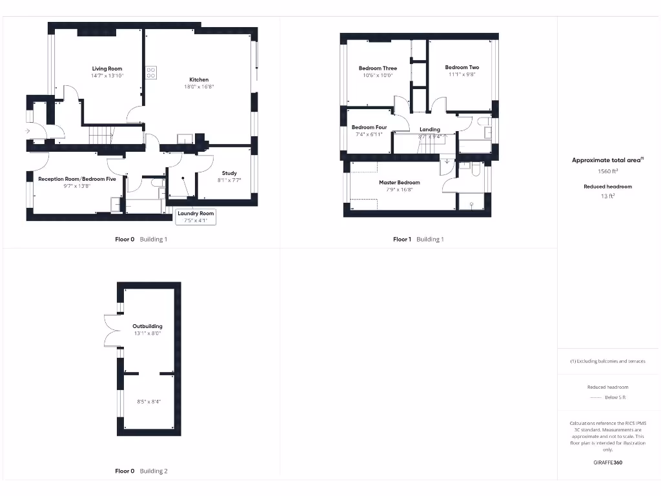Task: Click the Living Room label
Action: (107, 68)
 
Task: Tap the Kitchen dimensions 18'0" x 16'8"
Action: (199, 87)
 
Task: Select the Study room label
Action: (229, 173)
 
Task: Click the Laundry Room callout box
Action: (196, 216)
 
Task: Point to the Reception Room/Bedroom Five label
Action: (77, 179)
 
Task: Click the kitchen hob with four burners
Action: (151, 72)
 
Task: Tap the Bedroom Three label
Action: (378, 68)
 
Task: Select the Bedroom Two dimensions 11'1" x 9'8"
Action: (462, 74)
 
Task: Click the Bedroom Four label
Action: (369, 127)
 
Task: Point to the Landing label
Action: (429, 129)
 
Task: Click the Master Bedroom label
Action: (399, 182)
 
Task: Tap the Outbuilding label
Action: (147, 326)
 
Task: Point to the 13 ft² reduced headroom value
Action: (607, 196)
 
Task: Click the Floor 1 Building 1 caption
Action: (418, 239)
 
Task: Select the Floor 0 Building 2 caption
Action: (141, 471)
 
